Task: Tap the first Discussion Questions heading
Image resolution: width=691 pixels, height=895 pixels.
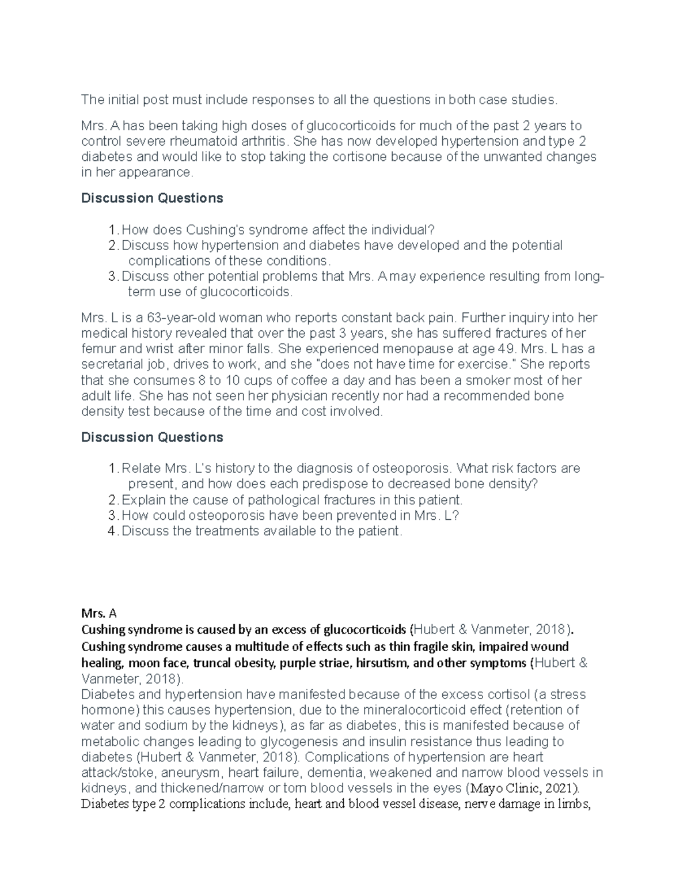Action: (152, 198)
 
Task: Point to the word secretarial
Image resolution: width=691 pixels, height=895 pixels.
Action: (120, 365)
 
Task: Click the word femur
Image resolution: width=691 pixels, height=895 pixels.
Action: (97, 349)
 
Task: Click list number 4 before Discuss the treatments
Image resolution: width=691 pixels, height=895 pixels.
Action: (112, 531)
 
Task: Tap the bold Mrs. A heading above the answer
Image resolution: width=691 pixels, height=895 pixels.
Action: (99, 614)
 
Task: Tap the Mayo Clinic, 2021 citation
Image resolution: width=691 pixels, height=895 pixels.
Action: (525, 788)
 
